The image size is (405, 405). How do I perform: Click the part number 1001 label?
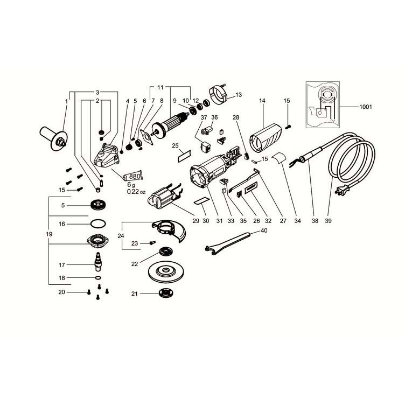pyautogui.click(x=366, y=107)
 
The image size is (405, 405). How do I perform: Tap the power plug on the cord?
pyautogui.click(x=341, y=190)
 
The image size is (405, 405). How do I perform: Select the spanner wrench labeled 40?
pyautogui.click(x=227, y=243)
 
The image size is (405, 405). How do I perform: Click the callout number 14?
pyautogui.click(x=262, y=101)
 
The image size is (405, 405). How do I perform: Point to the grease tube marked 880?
pyautogui.click(x=133, y=177)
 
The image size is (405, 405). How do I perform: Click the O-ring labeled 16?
pyautogui.click(x=98, y=224)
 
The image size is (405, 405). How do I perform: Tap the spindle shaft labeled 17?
pyautogui.click(x=98, y=262)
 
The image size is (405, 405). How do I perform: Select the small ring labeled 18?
pyautogui.click(x=98, y=278)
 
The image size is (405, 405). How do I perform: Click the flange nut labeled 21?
pyautogui.click(x=165, y=294)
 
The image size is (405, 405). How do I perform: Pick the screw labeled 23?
pyautogui.click(x=152, y=243)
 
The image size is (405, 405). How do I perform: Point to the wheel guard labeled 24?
pyautogui.click(x=170, y=231)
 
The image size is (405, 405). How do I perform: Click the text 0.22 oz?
pyautogui.click(x=136, y=192)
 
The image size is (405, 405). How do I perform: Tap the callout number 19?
pyautogui.click(x=49, y=234)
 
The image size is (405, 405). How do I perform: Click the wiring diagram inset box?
pyautogui.click(x=323, y=104)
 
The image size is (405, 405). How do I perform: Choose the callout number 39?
pyautogui.click(x=328, y=221)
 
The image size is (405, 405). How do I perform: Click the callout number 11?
pyautogui.click(x=160, y=87)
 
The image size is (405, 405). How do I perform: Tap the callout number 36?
pyautogui.click(x=214, y=117)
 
